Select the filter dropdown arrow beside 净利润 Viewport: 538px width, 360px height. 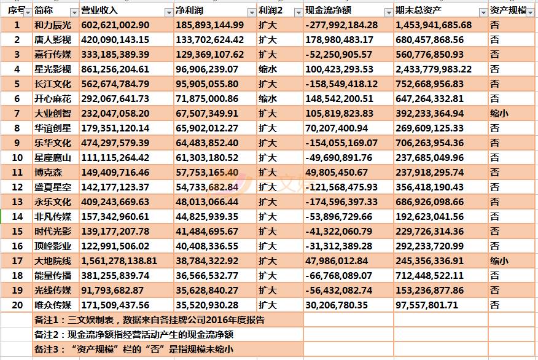click(251, 12)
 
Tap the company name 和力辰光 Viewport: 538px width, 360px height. click(53, 25)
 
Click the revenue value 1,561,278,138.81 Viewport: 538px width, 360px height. click(119, 261)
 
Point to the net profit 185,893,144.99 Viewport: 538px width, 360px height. click(209, 25)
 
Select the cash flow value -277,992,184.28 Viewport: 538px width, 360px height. click(341, 25)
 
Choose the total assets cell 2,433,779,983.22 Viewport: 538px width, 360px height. click(434, 69)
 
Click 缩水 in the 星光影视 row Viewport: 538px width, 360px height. click(268, 69)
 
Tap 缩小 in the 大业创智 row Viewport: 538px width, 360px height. click(499, 114)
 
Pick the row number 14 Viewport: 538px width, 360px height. click(17, 217)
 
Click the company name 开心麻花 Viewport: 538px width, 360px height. click(53, 99)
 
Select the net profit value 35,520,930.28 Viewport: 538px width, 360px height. click(206, 305)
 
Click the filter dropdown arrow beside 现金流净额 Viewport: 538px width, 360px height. click(388, 12)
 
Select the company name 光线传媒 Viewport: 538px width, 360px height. click(53, 291)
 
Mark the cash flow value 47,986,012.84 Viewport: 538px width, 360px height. click(337, 261)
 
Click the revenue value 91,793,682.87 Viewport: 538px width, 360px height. click(112, 291)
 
